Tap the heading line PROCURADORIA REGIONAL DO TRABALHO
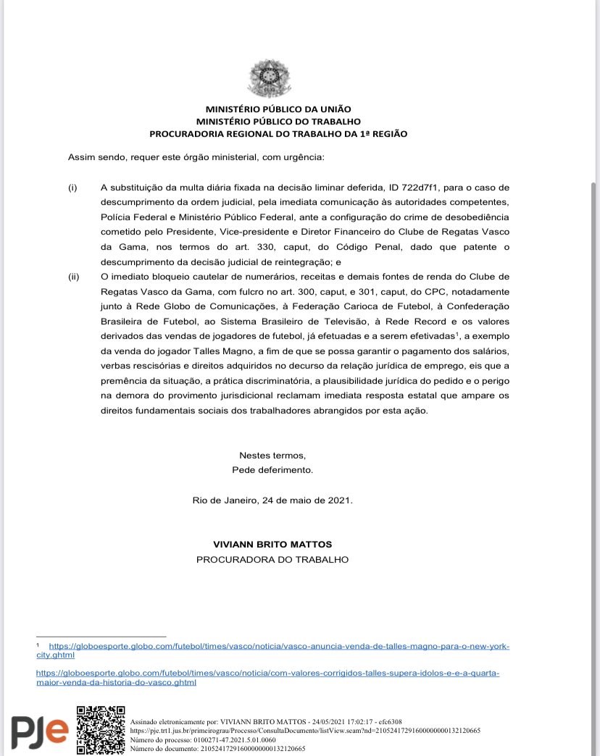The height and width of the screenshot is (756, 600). [x=278, y=134]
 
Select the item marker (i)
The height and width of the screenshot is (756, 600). [x=72, y=188]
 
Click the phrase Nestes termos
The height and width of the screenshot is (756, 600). [x=272, y=455]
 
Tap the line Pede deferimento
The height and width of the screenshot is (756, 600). [x=272, y=469]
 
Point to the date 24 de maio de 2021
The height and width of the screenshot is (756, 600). [x=304, y=500]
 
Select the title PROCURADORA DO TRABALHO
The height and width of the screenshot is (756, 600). [x=272, y=560]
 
